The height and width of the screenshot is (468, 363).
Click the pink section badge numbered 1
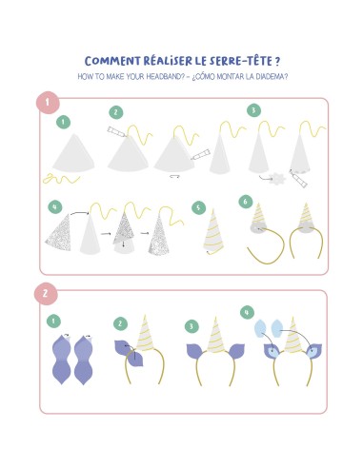48,103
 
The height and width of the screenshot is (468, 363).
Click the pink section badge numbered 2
46,294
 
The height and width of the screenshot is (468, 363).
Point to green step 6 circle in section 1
246,202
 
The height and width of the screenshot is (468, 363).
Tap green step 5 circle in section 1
198,208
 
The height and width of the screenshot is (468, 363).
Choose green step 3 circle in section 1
253,110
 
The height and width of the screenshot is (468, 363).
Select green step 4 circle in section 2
247,313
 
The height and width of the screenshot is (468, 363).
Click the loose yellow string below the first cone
60,179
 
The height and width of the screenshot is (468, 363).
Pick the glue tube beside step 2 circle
117,131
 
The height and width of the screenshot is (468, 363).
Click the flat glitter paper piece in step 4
59,233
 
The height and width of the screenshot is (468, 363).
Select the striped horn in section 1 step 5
212,233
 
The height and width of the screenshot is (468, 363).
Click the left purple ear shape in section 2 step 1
61,360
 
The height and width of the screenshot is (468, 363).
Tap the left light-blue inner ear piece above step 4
261,328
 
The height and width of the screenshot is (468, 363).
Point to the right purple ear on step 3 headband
236,351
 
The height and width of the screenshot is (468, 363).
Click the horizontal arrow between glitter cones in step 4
145,233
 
